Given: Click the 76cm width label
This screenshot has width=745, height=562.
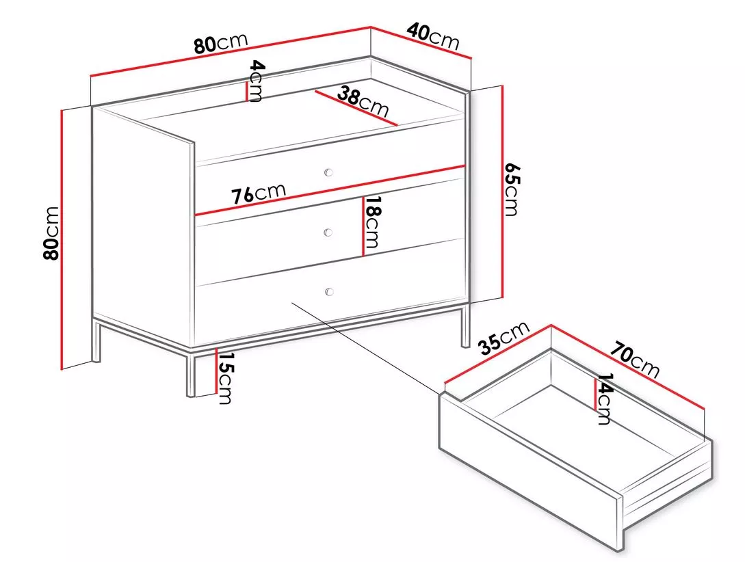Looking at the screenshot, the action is (259, 194).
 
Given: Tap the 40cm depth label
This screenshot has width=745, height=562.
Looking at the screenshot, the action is (433, 36).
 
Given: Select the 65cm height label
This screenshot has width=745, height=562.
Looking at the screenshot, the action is (511, 189).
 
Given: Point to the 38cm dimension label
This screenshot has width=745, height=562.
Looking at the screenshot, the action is (363, 102).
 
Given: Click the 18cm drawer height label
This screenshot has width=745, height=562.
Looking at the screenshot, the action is (371, 222).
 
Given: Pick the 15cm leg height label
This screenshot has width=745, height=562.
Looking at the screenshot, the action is (224, 378).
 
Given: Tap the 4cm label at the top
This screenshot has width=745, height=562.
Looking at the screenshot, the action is (256, 81).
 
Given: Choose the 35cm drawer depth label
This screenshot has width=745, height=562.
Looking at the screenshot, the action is (504, 338).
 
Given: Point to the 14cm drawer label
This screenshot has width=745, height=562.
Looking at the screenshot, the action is (603, 399).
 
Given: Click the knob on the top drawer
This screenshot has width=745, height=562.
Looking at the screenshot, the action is (328, 172).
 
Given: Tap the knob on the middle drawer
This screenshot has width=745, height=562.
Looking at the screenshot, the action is (328, 232).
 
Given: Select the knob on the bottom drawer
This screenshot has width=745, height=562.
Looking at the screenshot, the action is (328, 291).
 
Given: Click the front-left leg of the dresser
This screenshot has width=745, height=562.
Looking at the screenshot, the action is (191, 373).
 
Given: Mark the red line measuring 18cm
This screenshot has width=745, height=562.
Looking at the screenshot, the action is (363, 226).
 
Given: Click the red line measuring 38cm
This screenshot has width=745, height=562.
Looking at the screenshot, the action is (355, 108).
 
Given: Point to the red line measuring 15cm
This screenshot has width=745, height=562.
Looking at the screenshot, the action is (216, 371).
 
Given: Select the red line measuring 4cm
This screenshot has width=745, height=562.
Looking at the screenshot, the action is (246, 92).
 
